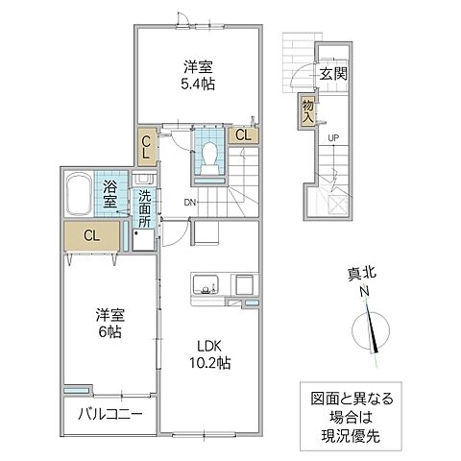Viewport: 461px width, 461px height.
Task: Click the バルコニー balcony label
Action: tap(106, 415)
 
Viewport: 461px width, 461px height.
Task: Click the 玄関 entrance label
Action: tap(333, 73)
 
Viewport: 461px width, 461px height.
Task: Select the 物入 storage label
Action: tap(307, 109)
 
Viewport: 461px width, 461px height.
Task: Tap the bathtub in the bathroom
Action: tap(79, 195)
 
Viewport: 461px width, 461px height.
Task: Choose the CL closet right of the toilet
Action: tap(243, 134)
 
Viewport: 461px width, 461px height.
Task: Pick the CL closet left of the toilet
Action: tap(146, 148)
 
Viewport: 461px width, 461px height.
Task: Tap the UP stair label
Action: tap(333, 137)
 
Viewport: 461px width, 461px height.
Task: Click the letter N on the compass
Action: tap(364, 292)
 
